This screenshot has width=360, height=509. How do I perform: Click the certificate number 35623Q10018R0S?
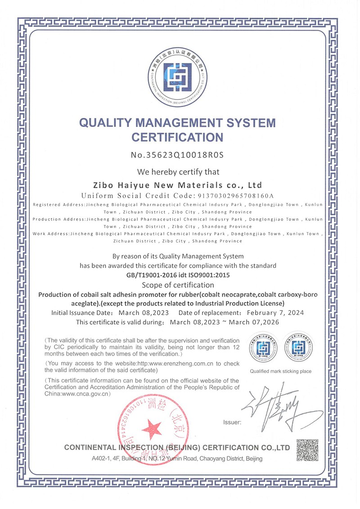[184, 155]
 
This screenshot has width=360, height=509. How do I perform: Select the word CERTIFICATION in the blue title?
[177, 136]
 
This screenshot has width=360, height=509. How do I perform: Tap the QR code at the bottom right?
[307, 450]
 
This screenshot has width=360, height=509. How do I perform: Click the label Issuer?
[232, 423]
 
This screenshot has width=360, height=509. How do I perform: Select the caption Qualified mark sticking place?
[281, 371]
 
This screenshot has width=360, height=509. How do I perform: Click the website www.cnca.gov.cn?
[86, 394]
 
